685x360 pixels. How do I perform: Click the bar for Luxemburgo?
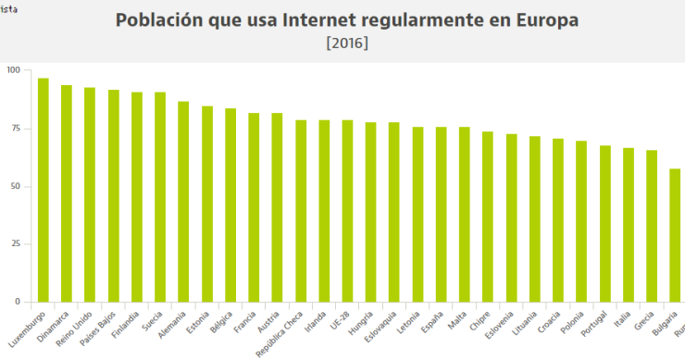click(x=44, y=190)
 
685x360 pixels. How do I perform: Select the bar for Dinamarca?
click(x=67, y=193)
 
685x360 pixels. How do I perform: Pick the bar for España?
click(x=441, y=214)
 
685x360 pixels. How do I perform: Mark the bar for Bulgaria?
click(x=675, y=235)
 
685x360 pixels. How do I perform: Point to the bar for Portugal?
click(x=604, y=223)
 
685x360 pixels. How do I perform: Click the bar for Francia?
click(x=254, y=207)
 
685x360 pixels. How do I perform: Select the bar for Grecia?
click(x=652, y=226)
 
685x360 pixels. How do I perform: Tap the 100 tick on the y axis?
click(x=12, y=70)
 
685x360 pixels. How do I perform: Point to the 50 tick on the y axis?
click(x=14, y=186)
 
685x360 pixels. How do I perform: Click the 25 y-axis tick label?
click(x=14, y=244)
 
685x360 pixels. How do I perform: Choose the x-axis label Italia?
click(x=623, y=319)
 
